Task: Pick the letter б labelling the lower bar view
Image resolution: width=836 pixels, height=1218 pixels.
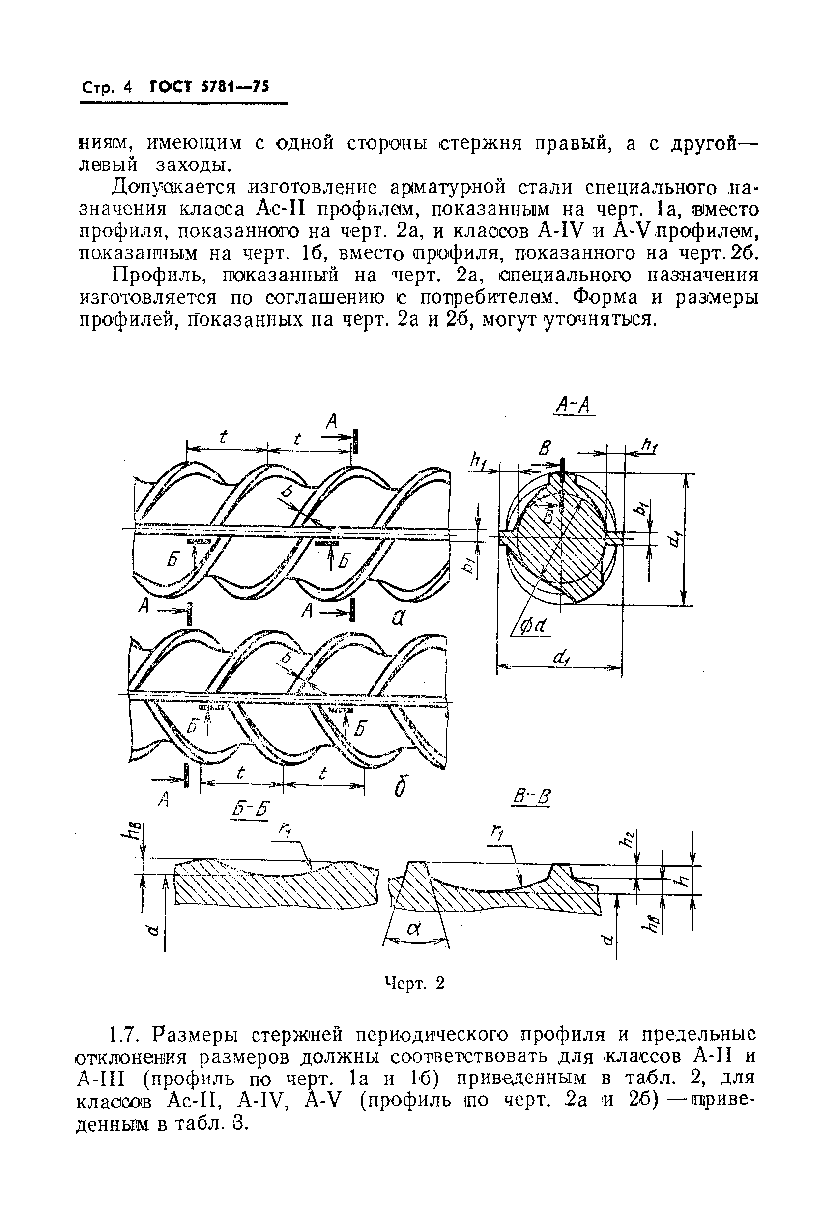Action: [x=402, y=786]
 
